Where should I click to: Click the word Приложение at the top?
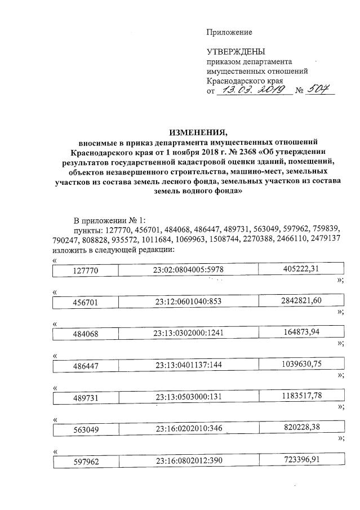pyautogui.click(x=229, y=33)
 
